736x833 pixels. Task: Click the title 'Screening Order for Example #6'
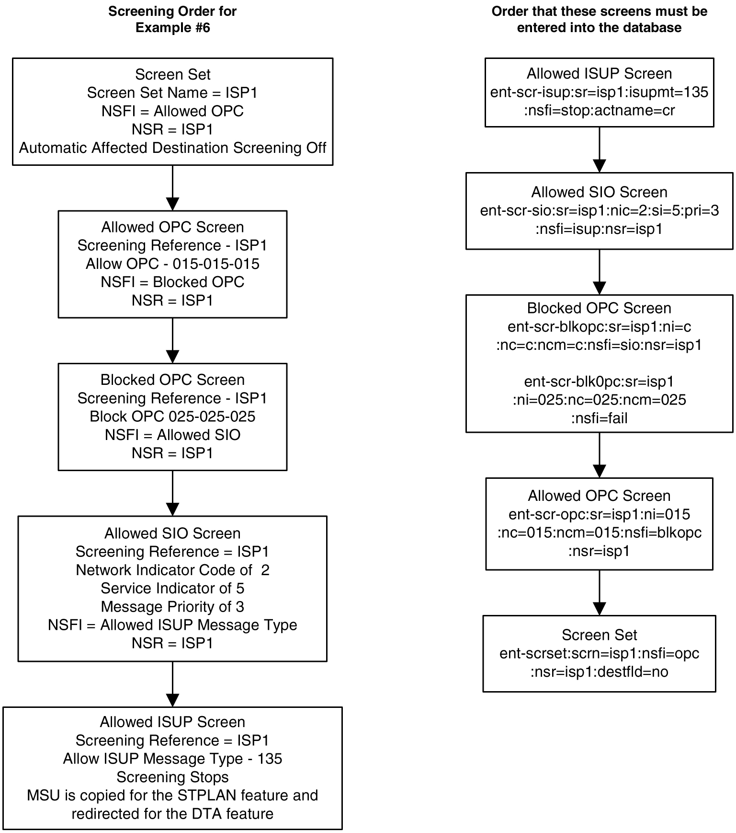click(172, 19)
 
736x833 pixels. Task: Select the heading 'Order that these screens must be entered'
click(599, 19)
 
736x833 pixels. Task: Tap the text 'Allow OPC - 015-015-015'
click(172, 264)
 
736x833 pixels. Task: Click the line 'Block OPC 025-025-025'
click(172, 416)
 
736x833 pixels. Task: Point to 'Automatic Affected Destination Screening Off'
click(172, 148)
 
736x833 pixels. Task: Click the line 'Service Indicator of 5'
click(172, 588)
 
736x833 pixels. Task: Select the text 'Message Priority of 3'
click(172, 606)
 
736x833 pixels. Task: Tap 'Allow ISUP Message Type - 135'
click(172, 759)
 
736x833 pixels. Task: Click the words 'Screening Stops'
click(172, 777)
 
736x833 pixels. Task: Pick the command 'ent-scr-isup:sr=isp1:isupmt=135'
click(599, 92)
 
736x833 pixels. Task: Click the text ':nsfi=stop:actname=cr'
click(599, 110)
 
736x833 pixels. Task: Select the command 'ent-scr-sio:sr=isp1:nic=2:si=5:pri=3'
click(599, 210)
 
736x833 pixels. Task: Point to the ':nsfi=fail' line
click(599, 418)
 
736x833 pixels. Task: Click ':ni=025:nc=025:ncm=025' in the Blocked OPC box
click(599, 400)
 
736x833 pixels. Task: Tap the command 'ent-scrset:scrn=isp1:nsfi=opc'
click(599, 653)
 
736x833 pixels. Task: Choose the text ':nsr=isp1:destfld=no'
click(599, 671)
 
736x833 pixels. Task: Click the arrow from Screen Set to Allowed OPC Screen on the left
click(172, 188)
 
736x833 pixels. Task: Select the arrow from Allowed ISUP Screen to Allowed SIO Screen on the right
click(599, 150)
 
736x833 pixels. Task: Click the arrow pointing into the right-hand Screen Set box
click(599, 592)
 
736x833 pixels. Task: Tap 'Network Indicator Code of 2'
click(172, 570)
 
